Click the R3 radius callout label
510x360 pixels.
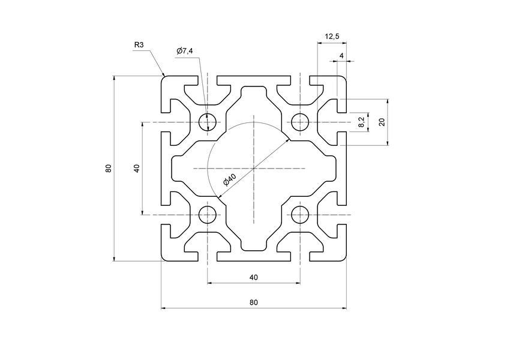pos(139,44)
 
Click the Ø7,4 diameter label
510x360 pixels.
pos(185,52)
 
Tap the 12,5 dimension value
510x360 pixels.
pos(332,37)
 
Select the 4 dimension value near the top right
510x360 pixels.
pos(341,55)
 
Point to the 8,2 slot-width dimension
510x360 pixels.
pos(361,122)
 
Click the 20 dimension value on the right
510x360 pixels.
pos(381,122)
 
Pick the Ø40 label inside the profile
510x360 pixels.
pos(230,180)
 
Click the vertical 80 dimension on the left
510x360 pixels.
pos(108,169)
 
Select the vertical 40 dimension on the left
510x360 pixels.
pos(137,169)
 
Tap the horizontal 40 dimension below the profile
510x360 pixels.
pos(253,277)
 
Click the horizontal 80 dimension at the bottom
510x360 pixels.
pos(253,302)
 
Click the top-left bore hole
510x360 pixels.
pos(207,122)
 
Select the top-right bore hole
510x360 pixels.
pos(300,122)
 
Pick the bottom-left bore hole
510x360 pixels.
pos(207,215)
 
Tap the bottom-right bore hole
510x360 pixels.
pos(300,215)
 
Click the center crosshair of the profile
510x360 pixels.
pos(254,169)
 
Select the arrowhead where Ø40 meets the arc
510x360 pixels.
pos(288,140)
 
